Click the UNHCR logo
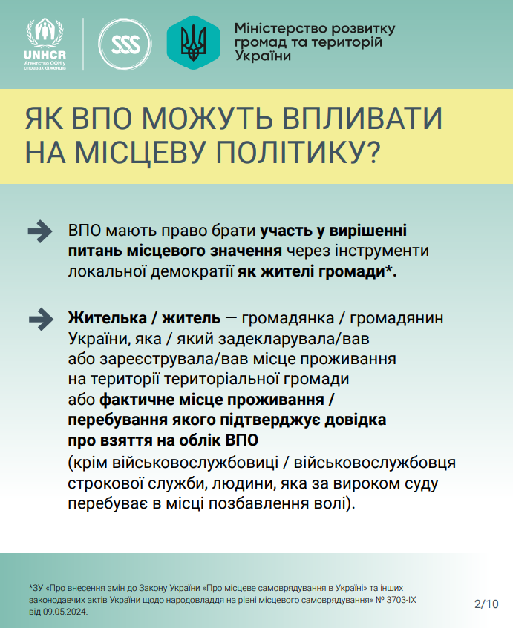click(45, 44)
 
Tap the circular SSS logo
click(125, 44)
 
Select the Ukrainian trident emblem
click(193, 42)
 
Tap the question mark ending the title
click(373, 153)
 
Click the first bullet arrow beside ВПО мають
click(39, 231)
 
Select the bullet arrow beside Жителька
click(41, 320)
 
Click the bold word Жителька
click(108, 318)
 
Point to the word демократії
click(192, 271)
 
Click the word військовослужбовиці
click(195, 463)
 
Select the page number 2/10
click(486, 604)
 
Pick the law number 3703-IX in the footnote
click(402, 600)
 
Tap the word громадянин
click(396, 318)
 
